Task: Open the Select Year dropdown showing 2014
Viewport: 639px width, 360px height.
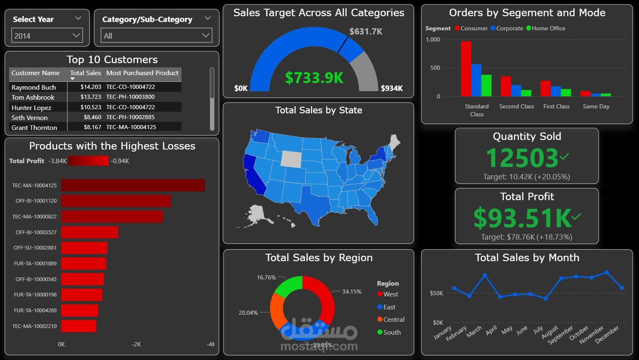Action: click(x=47, y=36)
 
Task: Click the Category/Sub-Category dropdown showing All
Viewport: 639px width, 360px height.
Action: click(x=156, y=36)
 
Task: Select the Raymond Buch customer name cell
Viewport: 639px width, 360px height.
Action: click(x=34, y=87)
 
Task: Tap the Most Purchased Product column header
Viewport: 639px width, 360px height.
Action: click(x=142, y=73)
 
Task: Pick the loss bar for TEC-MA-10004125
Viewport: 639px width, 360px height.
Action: click(x=133, y=185)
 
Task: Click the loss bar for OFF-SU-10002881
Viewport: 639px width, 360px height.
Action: click(x=84, y=248)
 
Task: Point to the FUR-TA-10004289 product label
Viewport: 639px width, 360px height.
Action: click(x=35, y=310)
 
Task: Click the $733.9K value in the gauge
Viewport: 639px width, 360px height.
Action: click(x=314, y=78)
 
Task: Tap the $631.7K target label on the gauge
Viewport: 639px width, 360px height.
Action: click(x=366, y=32)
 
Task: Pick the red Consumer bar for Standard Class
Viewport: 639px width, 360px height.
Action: click(x=466, y=69)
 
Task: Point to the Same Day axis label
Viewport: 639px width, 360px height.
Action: click(x=596, y=107)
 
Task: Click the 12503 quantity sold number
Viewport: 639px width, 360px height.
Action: click(x=522, y=158)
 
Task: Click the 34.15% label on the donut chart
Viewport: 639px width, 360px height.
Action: click(x=351, y=291)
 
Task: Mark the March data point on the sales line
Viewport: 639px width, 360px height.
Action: click(x=485, y=275)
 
